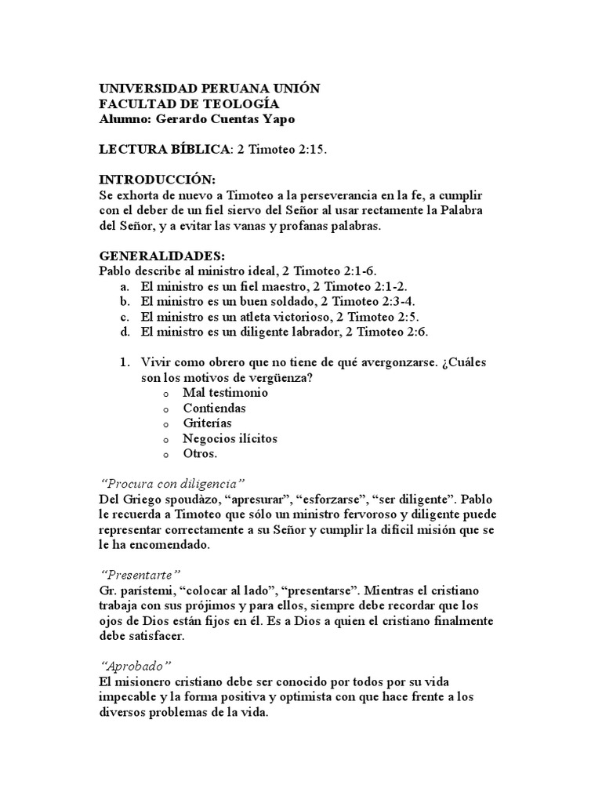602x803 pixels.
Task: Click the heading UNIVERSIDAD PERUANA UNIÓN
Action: (x=209, y=89)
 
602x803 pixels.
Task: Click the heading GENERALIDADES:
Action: (x=161, y=256)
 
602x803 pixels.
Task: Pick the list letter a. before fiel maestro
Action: (x=124, y=286)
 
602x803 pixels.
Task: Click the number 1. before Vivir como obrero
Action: (x=124, y=363)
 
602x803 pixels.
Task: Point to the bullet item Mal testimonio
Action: (x=225, y=393)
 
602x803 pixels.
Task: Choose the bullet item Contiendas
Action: (x=214, y=409)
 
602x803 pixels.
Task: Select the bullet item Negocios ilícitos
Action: (x=230, y=439)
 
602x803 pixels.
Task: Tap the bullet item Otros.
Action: (x=200, y=454)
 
